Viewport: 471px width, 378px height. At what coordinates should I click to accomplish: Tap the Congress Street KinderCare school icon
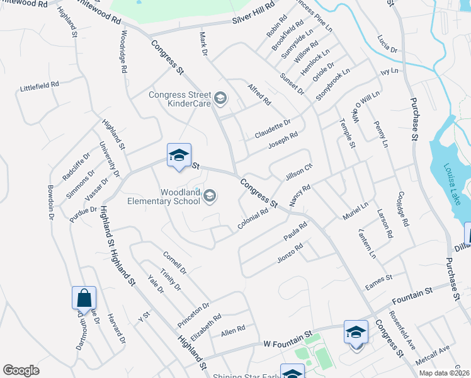(220, 98)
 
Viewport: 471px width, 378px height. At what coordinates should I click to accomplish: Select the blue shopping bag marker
(84, 297)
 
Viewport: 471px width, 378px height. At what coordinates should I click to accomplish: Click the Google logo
(21, 370)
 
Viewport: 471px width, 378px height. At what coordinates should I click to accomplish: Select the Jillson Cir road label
(299, 171)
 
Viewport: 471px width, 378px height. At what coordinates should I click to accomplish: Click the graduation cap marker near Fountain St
(356, 332)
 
